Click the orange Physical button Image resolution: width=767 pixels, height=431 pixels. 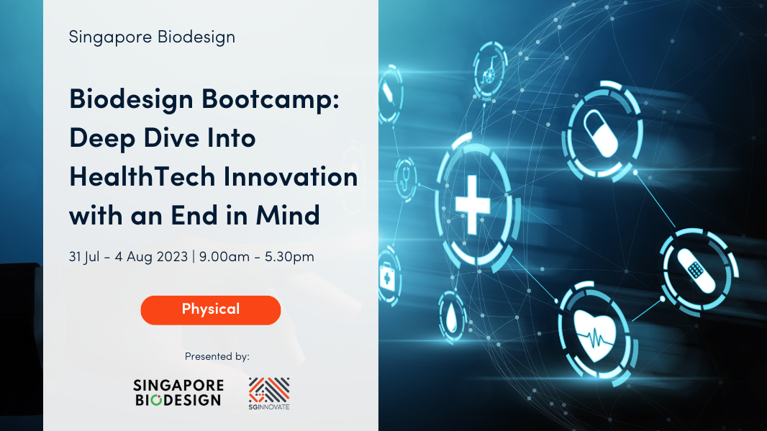pyautogui.click(x=211, y=310)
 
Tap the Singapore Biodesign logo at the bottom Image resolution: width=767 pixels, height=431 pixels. pyautogui.click(x=178, y=392)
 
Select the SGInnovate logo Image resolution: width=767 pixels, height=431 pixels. pyautogui.click(x=269, y=394)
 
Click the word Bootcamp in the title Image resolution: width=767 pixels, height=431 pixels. pyautogui.click(x=271, y=99)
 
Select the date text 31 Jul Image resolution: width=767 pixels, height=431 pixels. pyautogui.click(x=85, y=257)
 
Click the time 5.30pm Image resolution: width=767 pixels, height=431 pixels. pyautogui.click(x=289, y=257)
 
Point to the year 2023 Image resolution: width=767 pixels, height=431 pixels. pyautogui.click(x=171, y=257)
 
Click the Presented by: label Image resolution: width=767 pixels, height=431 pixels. pyautogui.click(x=217, y=357)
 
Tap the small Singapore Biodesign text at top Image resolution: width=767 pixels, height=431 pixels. pyautogui.click(x=152, y=37)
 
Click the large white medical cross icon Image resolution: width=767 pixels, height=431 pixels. pyautogui.click(x=473, y=205)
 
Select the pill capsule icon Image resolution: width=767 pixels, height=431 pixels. pyautogui.click(x=601, y=134)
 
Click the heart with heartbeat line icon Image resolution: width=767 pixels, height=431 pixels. pyautogui.click(x=595, y=335)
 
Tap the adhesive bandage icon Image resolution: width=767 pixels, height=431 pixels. pyautogui.click(x=696, y=271)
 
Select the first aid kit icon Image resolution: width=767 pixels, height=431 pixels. pyautogui.click(x=387, y=277)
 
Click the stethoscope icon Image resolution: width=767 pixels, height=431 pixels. pyautogui.click(x=404, y=180)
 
